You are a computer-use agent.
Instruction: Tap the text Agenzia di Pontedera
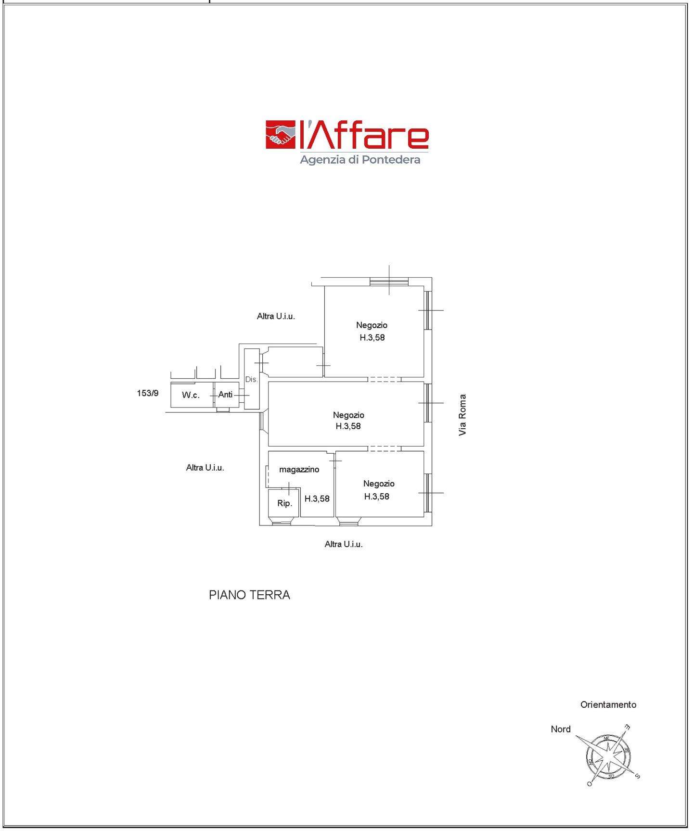(x=360, y=159)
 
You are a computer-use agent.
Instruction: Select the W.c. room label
(x=191, y=395)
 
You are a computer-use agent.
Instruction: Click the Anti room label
(x=225, y=395)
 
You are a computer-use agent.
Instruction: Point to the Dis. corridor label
(x=251, y=379)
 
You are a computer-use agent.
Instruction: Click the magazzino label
(x=299, y=470)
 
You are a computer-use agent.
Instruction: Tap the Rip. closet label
(x=284, y=503)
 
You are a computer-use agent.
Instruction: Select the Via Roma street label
(x=462, y=415)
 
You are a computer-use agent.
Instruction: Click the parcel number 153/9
(x=148, y=393)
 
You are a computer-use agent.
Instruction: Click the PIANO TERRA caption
(x=249, y=595)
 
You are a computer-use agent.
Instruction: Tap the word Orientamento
(x=608, y=704)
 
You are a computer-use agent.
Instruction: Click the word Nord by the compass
(x=561, y=729)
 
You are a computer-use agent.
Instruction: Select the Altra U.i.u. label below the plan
(x=344, y=544)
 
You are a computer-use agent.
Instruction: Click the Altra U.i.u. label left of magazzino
(x=205, y=467)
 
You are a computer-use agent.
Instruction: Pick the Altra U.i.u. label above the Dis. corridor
(x=276, y=316)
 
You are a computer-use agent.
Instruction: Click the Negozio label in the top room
(x=372, y=325)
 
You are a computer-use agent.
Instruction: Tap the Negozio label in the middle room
(x=348, y=415)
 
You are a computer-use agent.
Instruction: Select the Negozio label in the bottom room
(x=379, y=484)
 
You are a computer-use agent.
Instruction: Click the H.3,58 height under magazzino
(x=317, y=499)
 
